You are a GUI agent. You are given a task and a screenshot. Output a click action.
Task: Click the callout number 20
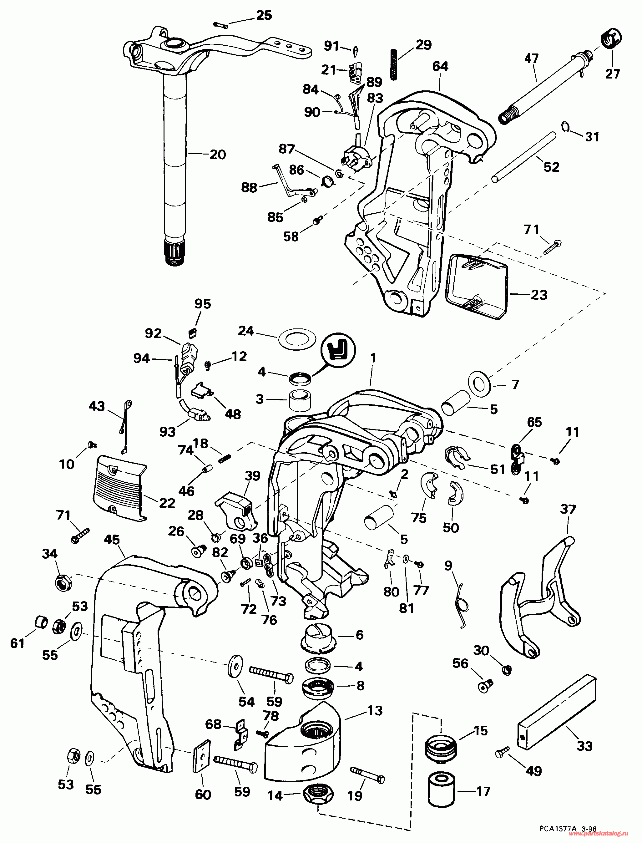pyautogui.click(x=218, y=155)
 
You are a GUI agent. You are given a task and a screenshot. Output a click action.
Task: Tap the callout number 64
pyautogui.click(x=440, y=67)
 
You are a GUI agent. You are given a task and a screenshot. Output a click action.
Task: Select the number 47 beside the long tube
pyautogui.click(x=532, y=58)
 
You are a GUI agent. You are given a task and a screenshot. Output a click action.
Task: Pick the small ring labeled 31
pyautogui.click(x=565, y=126)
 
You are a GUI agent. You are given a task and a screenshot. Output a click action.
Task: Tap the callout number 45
pyautogui.click(x=112, y=540)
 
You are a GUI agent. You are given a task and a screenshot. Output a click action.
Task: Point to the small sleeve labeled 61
pyautogui.click(x=41, y=622)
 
